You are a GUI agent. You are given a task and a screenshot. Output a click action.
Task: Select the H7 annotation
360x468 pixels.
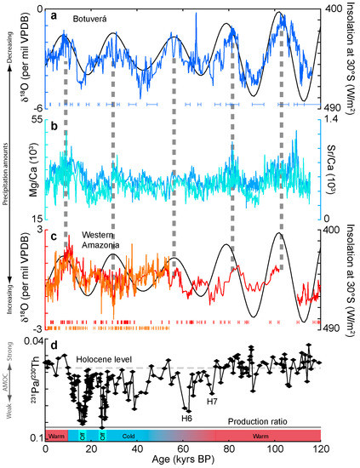[237, 400]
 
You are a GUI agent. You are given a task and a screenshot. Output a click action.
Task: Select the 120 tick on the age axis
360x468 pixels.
[320, 448]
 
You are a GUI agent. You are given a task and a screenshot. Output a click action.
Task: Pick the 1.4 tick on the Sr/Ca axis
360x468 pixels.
[333, 121]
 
